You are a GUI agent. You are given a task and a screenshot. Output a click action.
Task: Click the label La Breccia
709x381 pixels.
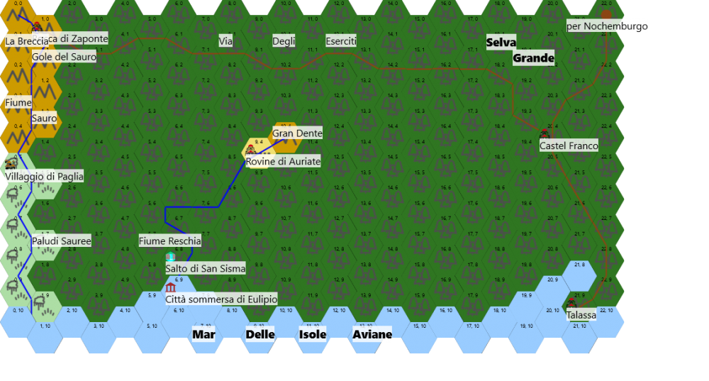27,41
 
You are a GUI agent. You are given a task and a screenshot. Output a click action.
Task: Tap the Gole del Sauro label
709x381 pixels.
64,57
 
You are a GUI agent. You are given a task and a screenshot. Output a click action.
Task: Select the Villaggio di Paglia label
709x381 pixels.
44,176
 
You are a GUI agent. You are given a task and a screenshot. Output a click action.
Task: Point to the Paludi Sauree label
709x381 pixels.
61,241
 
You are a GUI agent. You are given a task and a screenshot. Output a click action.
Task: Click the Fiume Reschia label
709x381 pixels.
169,241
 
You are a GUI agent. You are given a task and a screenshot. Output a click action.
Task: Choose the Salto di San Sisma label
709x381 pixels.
206,268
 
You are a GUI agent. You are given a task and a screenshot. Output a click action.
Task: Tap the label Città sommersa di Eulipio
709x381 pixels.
221,299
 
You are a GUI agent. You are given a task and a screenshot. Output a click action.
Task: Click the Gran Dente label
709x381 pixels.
297,133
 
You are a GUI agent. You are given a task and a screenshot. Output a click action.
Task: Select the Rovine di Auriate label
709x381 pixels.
283,162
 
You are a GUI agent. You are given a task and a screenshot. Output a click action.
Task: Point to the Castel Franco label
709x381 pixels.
569,145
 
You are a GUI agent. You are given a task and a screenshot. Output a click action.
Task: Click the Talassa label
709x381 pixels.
581,315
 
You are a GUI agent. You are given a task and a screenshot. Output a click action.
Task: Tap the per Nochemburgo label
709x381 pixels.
607,26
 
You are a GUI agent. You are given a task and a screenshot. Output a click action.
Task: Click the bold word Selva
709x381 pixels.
501,43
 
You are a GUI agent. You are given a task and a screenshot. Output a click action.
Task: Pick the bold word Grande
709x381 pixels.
533,58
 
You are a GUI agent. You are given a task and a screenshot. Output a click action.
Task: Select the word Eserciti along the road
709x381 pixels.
341,41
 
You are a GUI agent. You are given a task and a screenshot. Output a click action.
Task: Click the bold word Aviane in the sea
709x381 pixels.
372,334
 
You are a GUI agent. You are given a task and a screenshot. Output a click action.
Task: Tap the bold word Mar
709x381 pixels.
203,334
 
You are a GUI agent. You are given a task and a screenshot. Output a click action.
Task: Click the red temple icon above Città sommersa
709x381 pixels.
170,287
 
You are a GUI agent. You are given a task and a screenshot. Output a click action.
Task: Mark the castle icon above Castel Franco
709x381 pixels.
545,133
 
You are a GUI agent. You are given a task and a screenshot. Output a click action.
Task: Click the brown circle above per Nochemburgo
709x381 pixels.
606,13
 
